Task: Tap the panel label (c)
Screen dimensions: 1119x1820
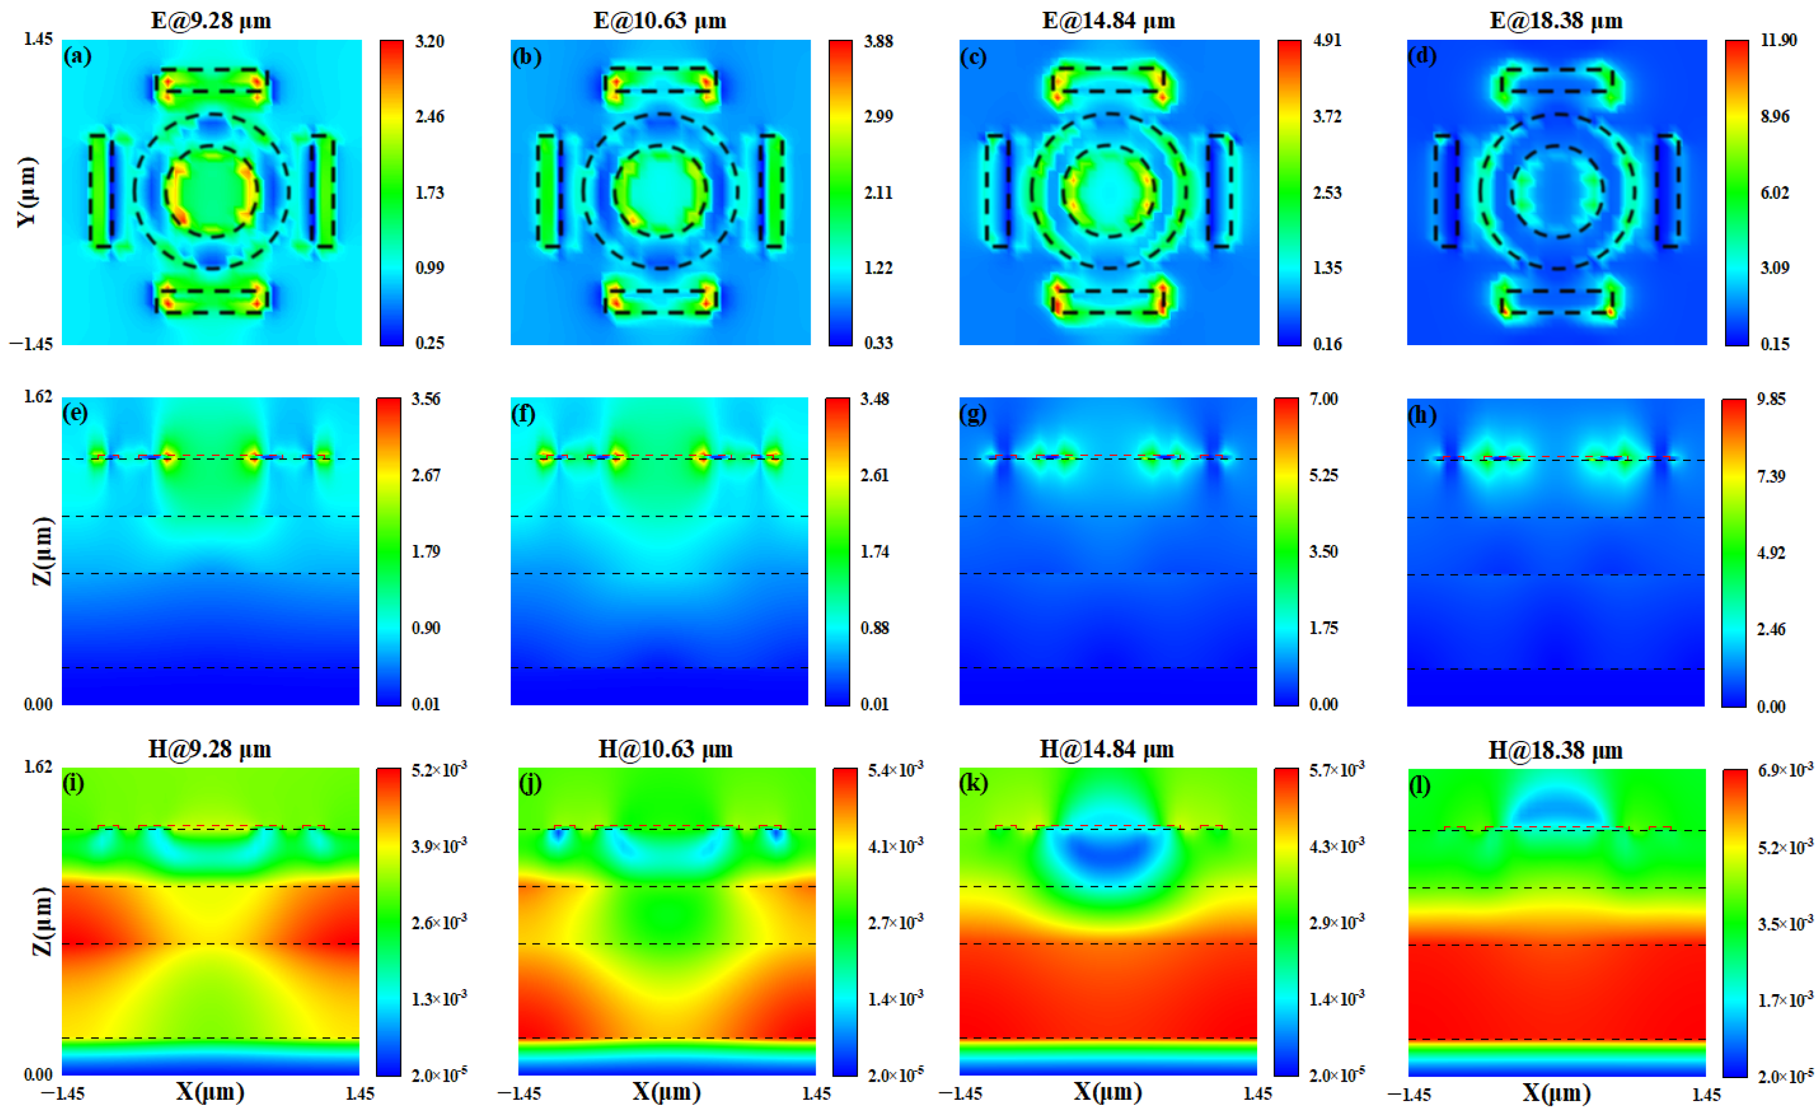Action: coord(973,57)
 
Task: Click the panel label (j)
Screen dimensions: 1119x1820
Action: coord(530,783)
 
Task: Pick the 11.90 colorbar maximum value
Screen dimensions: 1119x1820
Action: coord(1778,41)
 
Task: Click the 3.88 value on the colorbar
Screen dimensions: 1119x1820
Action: coord(878,41)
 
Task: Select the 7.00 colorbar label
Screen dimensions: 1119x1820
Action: coord(1323,399)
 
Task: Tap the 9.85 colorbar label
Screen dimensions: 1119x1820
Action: coord(1771,399)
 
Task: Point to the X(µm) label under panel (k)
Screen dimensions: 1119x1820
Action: coord(1107,1092)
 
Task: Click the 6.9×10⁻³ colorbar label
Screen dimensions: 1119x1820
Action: coord(1785,770)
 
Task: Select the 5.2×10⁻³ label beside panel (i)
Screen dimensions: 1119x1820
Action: coord(439,770)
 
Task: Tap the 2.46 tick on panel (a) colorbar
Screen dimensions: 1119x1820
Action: coord(429,116)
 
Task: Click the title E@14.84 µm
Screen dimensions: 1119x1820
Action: coord(1108,20)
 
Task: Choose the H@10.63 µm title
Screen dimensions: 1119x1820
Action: coord(665,750)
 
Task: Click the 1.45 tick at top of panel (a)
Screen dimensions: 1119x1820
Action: coord(39,39)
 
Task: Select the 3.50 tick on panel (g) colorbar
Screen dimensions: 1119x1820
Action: coord(1323,551)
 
